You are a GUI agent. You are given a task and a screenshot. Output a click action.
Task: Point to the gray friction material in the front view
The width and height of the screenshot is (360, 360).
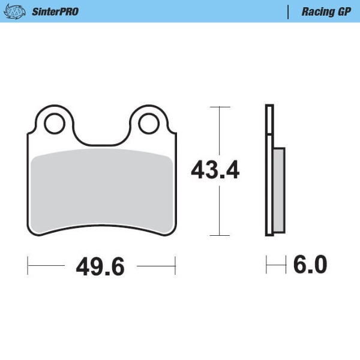(x=101, y=189)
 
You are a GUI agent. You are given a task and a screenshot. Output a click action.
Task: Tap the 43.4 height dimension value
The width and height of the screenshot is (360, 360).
(x=215, y=171)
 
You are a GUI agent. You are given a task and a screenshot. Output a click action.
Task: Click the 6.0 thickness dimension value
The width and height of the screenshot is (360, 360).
(x=310, y=264)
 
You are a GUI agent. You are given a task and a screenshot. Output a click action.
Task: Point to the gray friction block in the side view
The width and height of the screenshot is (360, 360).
(x=279, y=190)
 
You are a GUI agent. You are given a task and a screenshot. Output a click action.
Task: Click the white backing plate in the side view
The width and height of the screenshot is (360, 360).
(x=269, y=171)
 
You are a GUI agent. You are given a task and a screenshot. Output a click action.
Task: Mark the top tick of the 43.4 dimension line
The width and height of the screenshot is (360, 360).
(x=220, y=107)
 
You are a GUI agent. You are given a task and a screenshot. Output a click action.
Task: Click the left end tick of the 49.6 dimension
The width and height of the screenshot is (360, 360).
(x=28, y=265)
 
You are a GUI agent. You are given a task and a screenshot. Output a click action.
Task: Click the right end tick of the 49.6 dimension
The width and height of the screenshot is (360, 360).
(x=175, y=265)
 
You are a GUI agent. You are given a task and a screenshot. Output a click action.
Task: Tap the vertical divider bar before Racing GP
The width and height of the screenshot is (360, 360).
(x=289, y=11)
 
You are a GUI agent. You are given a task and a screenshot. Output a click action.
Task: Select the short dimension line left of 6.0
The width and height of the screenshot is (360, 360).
(x=275, y=264)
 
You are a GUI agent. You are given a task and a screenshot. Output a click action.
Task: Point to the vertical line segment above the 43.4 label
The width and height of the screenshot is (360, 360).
(x=220, y=132)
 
